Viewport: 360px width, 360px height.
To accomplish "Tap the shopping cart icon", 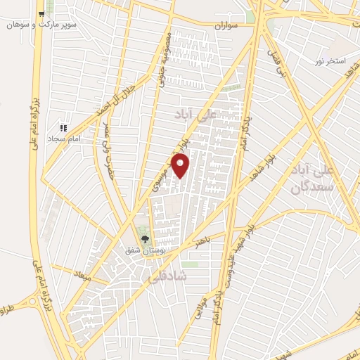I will click(42, 14).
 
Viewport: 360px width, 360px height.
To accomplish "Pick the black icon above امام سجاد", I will click(63, 128).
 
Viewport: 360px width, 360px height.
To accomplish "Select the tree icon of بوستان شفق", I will click(146, 239).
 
